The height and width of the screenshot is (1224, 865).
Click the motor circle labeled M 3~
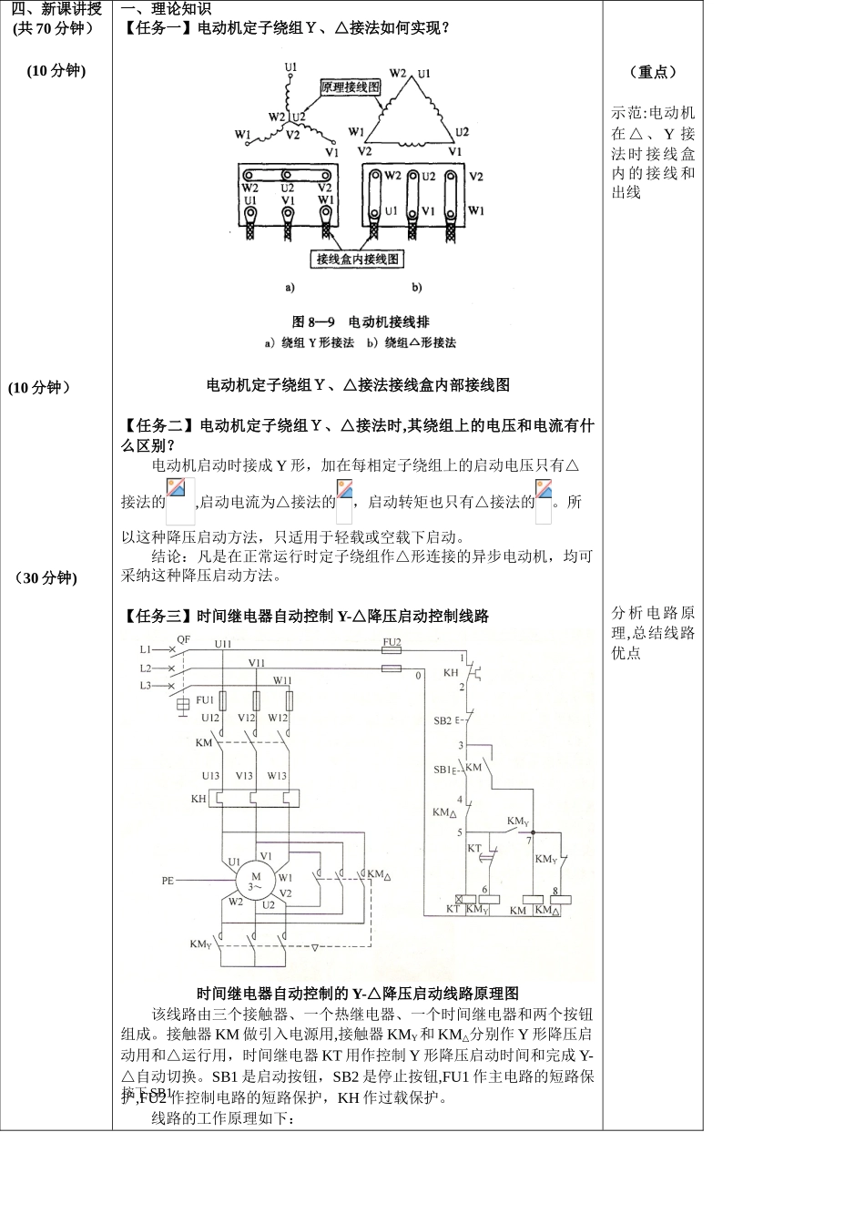coord(255,881)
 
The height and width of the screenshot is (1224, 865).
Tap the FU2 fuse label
coord(392,642)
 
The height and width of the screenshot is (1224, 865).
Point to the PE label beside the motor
coord(168,881)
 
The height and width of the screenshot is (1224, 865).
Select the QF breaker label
coord(184,639)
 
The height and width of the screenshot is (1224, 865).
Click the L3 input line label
coord(145,685)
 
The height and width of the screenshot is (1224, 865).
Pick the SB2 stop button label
coord(443,720)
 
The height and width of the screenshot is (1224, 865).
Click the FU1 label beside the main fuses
coord(205,700)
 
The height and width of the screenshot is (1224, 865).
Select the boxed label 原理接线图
coord(351,87)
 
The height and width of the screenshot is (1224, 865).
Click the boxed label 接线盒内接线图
coord(358,259)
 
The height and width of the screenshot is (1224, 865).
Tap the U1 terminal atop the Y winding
coord(290,66)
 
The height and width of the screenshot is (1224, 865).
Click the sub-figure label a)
coord(290,288)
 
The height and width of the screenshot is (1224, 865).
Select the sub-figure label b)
coord(416,288)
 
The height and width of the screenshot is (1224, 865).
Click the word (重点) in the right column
coord(653,72)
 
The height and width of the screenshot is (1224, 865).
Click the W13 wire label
coord(277,776)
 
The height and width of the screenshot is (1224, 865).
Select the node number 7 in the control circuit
coord(529,841)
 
